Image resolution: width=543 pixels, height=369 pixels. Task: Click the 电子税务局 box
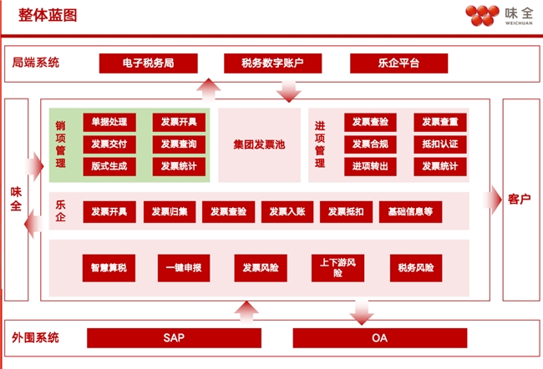pos(148,63)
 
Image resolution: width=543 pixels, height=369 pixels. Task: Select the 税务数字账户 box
pos(273,63)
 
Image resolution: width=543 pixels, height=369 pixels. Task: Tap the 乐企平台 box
pos(399,63)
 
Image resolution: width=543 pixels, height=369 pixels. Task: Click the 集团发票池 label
pos(259,144)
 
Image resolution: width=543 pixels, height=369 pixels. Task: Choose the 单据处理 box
pos(109,122)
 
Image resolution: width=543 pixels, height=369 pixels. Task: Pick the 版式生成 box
pos(109,166)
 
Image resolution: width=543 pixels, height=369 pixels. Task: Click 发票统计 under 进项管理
pos(440,166)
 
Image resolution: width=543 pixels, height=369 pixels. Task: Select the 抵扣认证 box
pos(440,144)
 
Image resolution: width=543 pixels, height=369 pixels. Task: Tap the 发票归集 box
pos(170,212)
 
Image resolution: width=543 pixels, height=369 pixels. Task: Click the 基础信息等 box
pos(410,212)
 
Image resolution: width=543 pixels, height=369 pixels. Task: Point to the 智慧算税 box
pos(109,268)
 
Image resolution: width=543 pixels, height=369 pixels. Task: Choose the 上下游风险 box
pos(337,268)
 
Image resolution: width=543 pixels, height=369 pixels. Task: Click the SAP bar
pos(174,338)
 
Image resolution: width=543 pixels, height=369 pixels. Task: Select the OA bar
pos(380,338)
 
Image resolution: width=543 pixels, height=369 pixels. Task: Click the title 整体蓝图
pos(48,15)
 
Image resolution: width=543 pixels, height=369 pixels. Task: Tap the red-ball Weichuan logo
pos(482,15)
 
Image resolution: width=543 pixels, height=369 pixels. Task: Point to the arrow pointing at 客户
pos(492,200)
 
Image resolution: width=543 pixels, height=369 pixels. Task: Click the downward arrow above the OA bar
pos(362,313)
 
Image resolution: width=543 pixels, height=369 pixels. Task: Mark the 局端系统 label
pos(36,63)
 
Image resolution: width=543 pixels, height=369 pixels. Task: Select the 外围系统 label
pos(36,337)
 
